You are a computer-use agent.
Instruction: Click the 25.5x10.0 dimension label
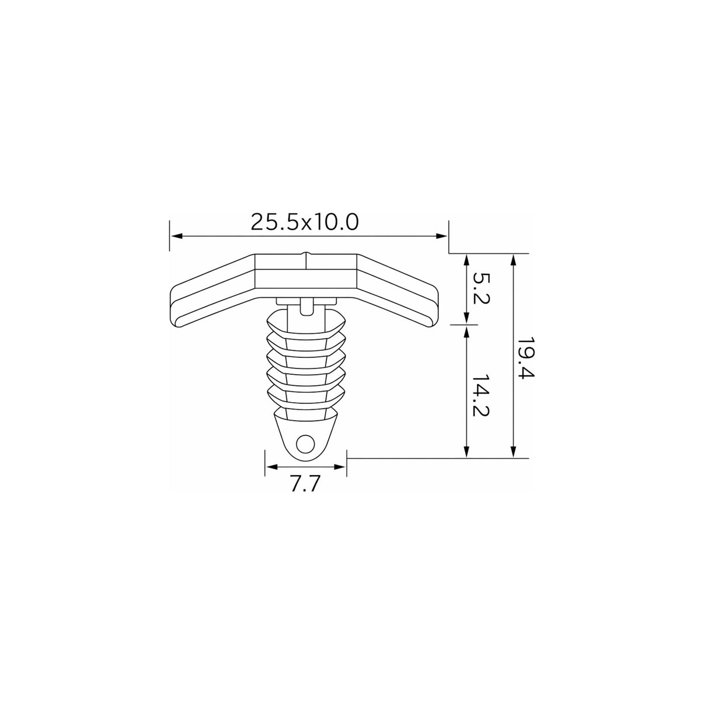pos(305,222)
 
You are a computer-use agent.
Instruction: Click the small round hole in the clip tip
pos(305,445)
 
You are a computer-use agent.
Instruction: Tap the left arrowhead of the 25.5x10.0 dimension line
pos(177,236)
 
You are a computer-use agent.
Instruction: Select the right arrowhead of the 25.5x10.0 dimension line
pos(441,236)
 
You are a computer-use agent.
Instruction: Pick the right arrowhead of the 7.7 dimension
pos(339,466)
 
